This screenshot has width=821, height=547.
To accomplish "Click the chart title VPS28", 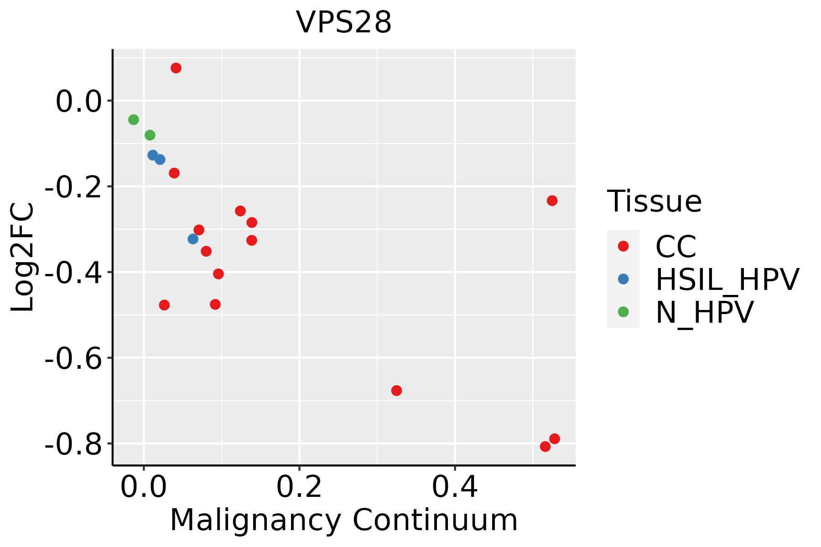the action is tap(344, 22).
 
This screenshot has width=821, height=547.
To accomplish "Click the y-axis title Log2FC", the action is tap(22, 257).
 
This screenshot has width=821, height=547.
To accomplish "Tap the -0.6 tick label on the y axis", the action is tap(73, 358).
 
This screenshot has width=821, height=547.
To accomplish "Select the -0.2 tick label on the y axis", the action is tap(73, 186).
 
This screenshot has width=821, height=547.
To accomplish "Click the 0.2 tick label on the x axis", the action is tap(299, 487).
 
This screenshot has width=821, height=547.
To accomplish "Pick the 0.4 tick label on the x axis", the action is tap(455, 487).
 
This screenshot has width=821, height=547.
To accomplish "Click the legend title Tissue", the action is tap(654, 201).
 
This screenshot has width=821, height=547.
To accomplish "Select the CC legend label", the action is tap(676, 247).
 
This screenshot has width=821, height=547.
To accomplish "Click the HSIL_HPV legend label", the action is tap(727, 279).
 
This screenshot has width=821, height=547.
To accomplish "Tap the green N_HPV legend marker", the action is tap(623, 312).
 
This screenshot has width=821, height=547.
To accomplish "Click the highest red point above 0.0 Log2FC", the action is tap(176, 68).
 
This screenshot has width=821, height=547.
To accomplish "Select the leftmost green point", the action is tap(134, 120).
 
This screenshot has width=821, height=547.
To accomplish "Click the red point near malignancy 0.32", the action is tap(396, 391).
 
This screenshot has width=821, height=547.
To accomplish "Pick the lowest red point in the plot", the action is tap(545, 447).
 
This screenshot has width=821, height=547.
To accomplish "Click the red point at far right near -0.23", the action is tap(552, 201).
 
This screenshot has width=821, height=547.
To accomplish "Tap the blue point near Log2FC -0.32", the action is tap(193, 239).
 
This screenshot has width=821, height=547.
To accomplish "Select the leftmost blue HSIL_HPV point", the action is tap(153, 155).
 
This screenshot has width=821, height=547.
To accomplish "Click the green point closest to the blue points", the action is tap(150, 135).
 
